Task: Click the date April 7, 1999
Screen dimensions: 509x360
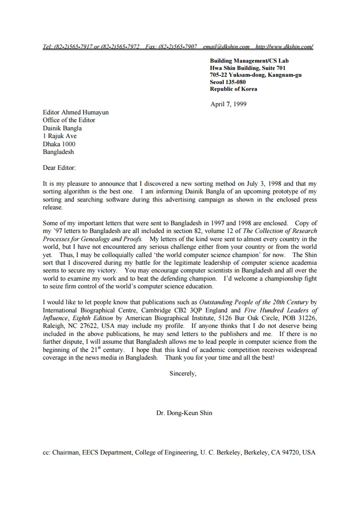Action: click(228, 104)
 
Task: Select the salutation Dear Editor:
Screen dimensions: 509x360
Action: click(59, 167)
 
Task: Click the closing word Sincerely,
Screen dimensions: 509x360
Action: click(183, 373)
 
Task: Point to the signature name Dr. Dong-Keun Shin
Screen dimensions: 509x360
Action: click(184, 413)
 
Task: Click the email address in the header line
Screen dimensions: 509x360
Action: click(226, 46)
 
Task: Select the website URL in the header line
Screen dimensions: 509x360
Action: click(284, 46)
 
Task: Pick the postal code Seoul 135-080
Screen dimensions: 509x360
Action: click(228, 82)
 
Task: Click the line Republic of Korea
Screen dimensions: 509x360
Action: click(234, 89)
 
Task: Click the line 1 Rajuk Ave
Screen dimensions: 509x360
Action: click(59, 136)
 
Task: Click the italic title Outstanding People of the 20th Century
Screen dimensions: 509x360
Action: click(253, 302)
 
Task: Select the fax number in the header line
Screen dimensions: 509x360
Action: click(171, 46)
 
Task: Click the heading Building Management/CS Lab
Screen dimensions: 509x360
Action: click(249, 61)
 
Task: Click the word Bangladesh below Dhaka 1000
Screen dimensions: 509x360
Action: click(58, 152)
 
